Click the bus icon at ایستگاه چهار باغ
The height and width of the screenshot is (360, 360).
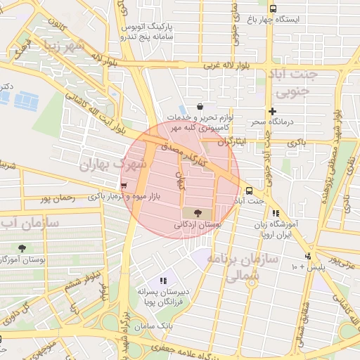(x=273, y=8)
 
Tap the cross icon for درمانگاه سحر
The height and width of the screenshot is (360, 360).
(x=273, y=111)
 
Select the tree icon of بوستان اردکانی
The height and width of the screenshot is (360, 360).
(x=196, y=213)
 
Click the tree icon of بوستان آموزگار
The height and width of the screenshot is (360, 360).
(x=22, y=248)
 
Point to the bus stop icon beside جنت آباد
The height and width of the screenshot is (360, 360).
(x=249, y=191)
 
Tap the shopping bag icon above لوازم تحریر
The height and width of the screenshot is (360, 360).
(x=200, y=106)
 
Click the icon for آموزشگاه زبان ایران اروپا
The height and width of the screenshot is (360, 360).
(x=276, y=213)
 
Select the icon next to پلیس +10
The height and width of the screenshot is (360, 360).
(x=308, y=257)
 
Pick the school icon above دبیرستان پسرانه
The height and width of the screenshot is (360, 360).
(x=164, y=281)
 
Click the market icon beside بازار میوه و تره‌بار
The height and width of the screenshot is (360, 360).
(x=124, y=186)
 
